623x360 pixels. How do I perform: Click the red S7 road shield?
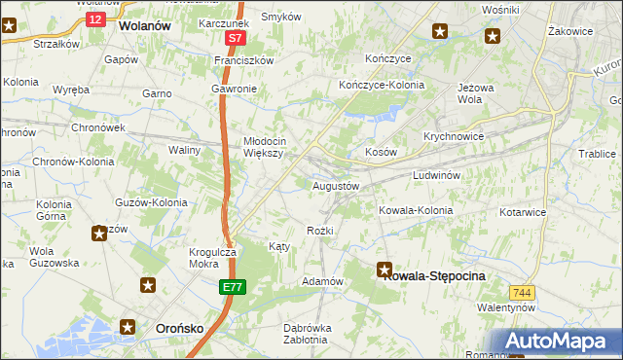click(x=235, y=38)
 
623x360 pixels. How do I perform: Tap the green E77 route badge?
click(x=232, y=287)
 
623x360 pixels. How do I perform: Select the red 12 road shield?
click(x=94, y=18)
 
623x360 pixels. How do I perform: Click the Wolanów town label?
click(x=144, y=27)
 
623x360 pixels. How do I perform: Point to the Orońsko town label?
click(x=179, y=329)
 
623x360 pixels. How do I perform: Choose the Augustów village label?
click(x=336, y=185)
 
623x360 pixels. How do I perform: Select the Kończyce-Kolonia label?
click(x=382, y=85)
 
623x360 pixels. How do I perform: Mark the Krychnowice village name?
click(x=454, y=137)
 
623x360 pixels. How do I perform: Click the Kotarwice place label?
click(x=523, y=211)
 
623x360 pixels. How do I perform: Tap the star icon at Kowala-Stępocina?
click(x=385, y=271)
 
